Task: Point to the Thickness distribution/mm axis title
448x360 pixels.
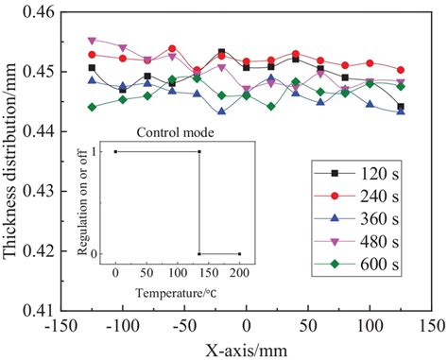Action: (11, 161)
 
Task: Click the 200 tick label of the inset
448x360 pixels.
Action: (239, 268)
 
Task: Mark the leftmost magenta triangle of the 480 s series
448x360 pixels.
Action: (92, 41)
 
